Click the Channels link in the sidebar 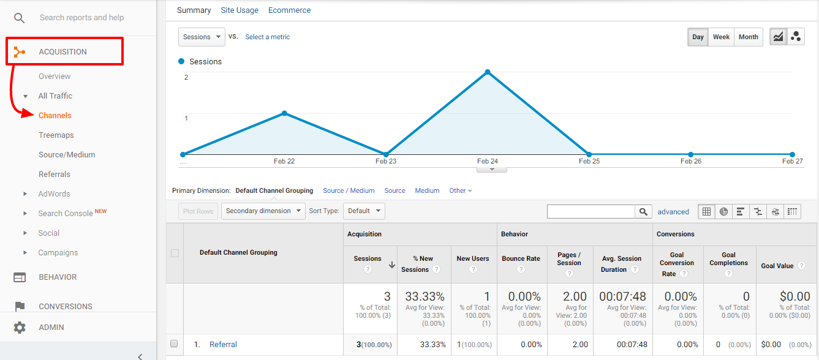[x=55, y=116]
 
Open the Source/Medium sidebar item [x=67, y=155]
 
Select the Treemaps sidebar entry [x=56, y=135]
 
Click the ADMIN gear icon [x=20, y=328]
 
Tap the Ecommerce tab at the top [x=289, y=10]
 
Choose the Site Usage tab [x=240, y=10]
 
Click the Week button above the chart [x=721, y=37]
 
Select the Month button [x=748, y=37]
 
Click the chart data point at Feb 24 [x=488, y=72]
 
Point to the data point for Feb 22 [x=284, y=113]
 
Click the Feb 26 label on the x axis [x=690, y=162]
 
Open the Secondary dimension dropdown [x=263, y=211]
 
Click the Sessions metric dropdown [x=202, y=37]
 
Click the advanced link [x=673, y=212]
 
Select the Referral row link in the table [x=223, y=345]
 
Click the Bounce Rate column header [x=521, y=258]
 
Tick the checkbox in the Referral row [x=174, y=344]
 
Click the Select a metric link [x=268, y=37]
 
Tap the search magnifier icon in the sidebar [x=20, y=18]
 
